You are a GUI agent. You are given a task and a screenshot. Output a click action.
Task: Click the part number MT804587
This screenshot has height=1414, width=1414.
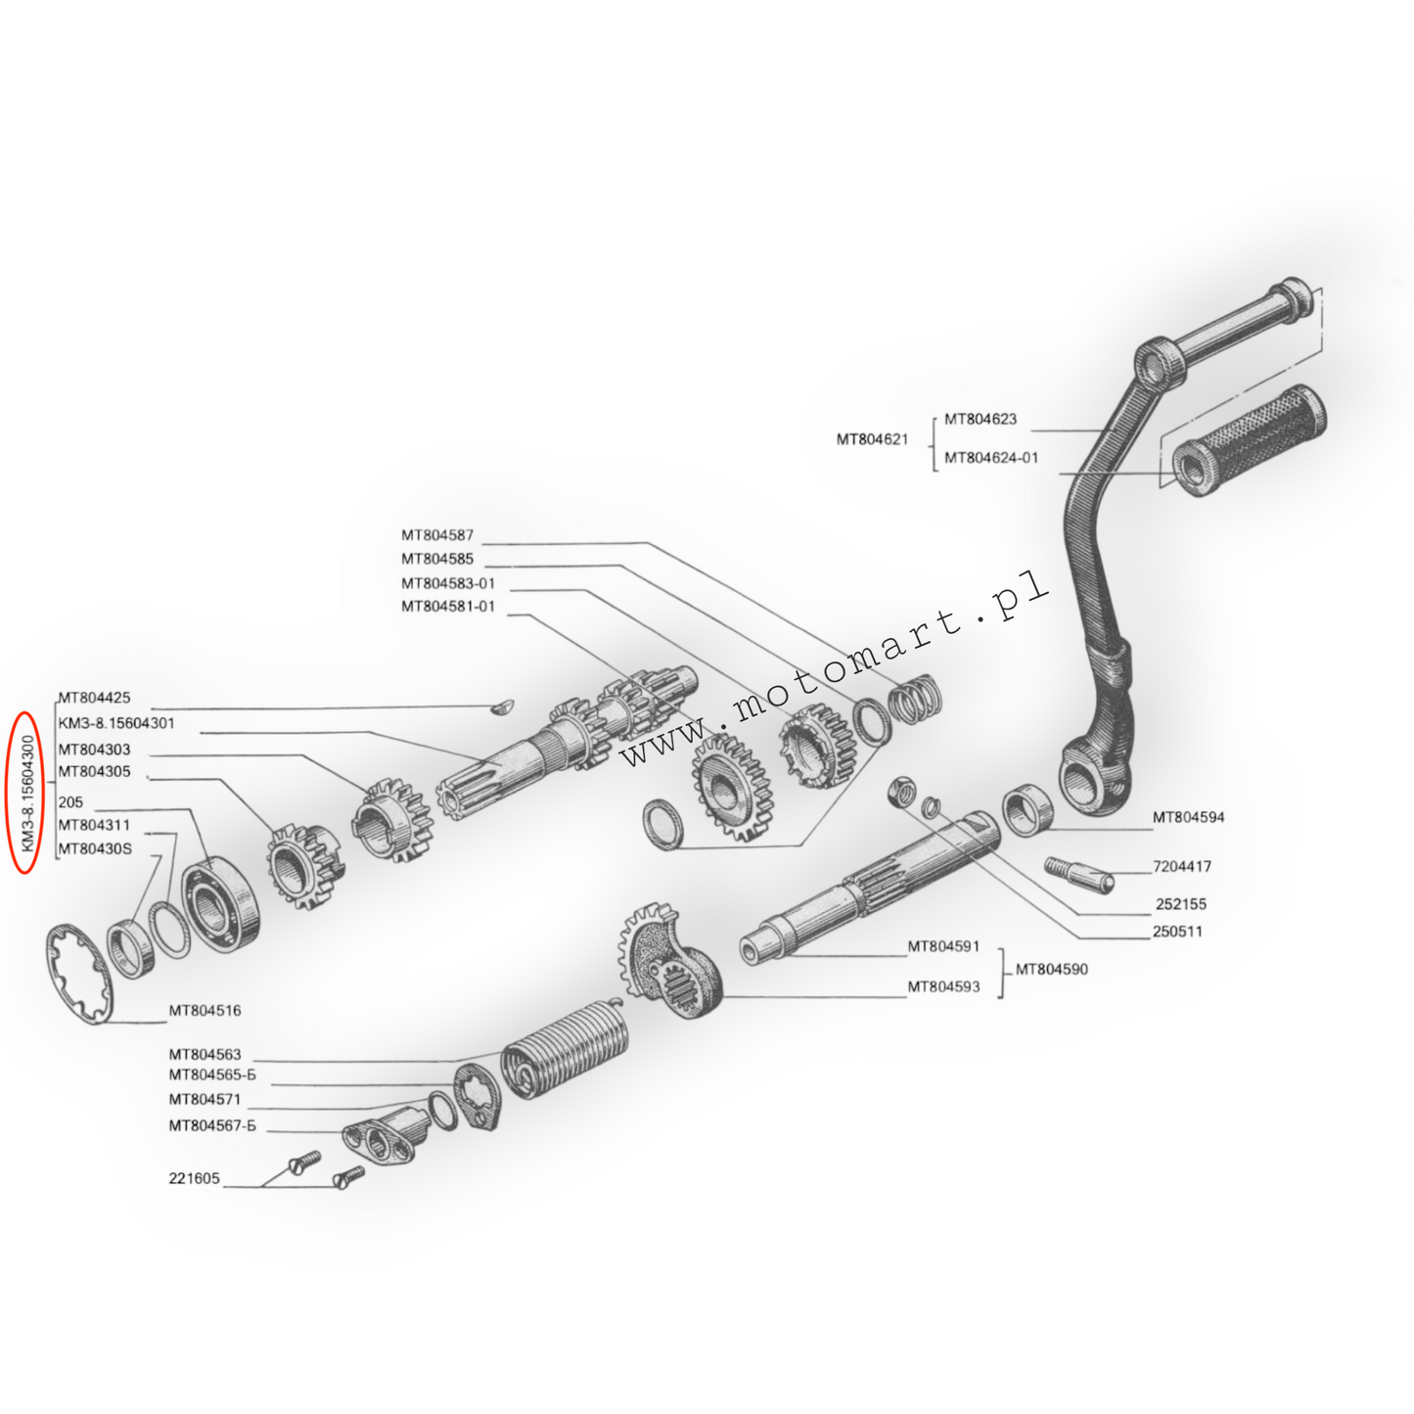click(x=437, y=535)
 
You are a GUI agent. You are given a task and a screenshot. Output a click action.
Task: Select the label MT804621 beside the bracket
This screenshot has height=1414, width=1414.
click(x=873, y=439)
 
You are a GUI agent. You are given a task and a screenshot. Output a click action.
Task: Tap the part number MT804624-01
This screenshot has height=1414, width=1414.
click(x=991, y=458)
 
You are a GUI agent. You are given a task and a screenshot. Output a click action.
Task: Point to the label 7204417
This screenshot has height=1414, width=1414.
click(x=1182, y=867)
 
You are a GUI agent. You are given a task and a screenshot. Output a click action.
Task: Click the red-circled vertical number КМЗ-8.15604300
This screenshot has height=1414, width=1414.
click(x=27, y=793)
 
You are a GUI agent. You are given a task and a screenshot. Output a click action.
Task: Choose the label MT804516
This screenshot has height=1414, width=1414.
click(x=205, y=1011)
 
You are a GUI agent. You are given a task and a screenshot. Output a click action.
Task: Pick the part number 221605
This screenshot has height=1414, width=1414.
click(x=195, y=1178)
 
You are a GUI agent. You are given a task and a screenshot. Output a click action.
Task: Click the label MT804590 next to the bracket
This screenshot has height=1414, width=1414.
click(x=1052, y=970)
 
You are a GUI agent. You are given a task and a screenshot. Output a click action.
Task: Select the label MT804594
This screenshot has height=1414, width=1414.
click(x=1188, y=817)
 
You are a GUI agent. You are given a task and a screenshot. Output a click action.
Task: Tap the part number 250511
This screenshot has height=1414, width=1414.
click(x=1178, y=932)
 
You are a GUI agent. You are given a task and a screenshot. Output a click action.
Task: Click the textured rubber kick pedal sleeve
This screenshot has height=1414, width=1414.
click(x=1249, y=440)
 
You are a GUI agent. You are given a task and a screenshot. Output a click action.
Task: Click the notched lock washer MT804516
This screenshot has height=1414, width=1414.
click(x=79, y=975)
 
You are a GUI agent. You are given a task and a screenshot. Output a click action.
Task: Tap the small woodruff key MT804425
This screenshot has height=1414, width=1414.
click(x=502, y=707)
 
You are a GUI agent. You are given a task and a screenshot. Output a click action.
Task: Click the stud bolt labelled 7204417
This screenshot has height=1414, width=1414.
click(x=1079, y=874)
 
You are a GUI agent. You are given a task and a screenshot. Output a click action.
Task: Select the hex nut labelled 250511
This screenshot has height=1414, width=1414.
click(x=902, y=792)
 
